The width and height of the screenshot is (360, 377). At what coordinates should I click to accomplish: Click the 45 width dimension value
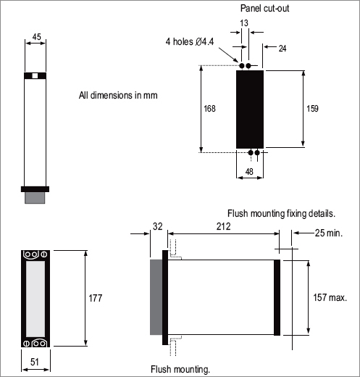(x=37, y=37)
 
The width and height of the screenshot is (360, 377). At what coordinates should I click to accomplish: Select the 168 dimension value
(x=209, y=109)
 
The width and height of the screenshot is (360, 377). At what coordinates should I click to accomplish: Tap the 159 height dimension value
(x=312, y=109)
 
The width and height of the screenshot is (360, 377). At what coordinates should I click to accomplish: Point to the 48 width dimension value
(x=249, y=172)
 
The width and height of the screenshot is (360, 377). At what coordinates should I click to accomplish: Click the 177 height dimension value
(x=96, y=298)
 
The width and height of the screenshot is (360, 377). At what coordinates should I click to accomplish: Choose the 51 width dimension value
(x=35, y=362)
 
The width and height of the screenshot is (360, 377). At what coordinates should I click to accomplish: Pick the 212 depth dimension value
(x=223, y=226)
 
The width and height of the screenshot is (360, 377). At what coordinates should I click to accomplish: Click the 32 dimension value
(x=158, y=226)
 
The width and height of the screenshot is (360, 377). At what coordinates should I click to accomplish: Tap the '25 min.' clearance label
(x=329, y=233)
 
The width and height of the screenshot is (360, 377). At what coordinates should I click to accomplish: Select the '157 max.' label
(x=330, y=297)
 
